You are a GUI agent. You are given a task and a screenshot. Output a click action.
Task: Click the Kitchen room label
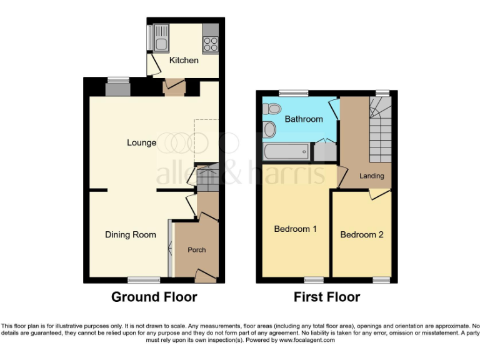(x=184, y=61)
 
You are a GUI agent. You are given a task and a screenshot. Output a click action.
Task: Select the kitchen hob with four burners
(x=210, y=44)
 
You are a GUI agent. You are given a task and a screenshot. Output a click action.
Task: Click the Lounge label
(x=142, y=142)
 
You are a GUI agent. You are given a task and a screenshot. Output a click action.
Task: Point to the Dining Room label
(x=130, y=235)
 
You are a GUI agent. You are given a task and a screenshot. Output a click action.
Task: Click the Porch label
(x=197, y=250)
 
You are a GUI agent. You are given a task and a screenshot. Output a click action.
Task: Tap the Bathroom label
(x=304, y=119)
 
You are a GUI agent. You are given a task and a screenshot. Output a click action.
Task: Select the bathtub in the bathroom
(x=287, y=152)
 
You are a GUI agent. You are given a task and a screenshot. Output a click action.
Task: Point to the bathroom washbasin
(x=269, y=130)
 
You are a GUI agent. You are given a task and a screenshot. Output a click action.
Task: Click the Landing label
(x=371, y=176)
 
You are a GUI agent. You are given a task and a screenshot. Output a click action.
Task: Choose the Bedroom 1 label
(x=296, y=229)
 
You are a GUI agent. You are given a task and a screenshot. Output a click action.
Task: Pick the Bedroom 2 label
(x=362, y=234)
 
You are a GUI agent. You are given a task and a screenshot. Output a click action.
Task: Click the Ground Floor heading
(x=154, y=297)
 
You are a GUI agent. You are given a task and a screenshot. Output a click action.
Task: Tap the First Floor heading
(x=327, y=297)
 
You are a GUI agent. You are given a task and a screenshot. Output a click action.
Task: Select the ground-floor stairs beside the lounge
(x=208, y=177)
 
